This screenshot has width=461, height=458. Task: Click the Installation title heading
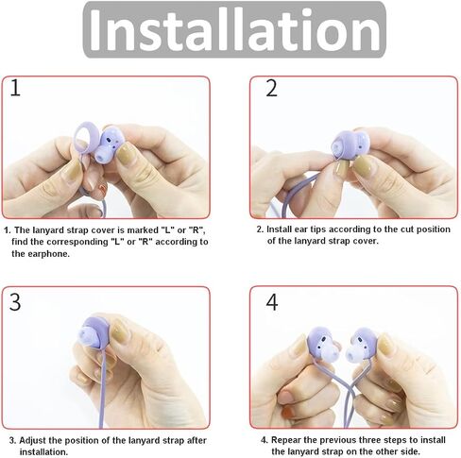point(234,29)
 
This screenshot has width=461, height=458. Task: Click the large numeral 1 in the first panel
point(15,88)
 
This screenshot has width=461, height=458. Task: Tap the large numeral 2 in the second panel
point(272,88)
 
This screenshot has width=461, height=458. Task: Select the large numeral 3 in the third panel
point(15,302)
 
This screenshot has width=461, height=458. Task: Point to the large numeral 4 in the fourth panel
point(272,302)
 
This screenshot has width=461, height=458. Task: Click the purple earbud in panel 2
point(350,145)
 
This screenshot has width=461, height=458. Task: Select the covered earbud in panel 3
point(95,332)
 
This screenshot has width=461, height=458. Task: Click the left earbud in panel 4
point(322,344)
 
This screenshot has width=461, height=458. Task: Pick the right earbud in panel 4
point(361,344)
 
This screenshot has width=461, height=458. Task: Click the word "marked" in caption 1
point(144,230)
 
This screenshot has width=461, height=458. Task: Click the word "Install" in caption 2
point(280,229)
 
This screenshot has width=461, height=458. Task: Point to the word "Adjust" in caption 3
point(32,440)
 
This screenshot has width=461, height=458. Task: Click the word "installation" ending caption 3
point(43,452)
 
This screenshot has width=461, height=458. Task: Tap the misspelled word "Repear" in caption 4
point(286,440)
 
